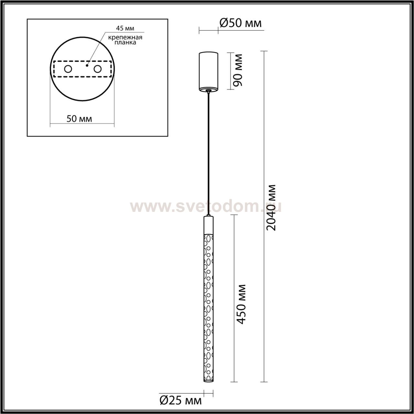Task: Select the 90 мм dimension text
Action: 238,70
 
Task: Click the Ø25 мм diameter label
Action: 181,399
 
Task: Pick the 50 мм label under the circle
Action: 79,119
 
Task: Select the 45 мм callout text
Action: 125,28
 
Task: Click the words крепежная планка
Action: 125,40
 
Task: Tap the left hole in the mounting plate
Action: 68,69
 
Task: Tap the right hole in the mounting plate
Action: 97,69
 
